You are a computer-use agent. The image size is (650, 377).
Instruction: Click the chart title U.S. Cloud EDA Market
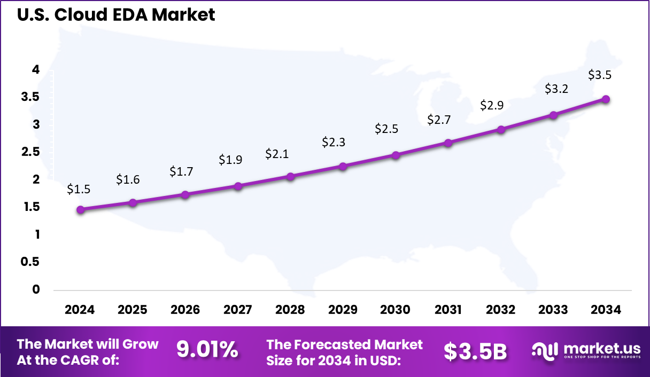click(x=116, y=14)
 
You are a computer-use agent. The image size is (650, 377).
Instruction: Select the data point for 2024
click(x=80, y=210)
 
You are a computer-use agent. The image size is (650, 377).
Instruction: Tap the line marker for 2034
click(x=606, y=99)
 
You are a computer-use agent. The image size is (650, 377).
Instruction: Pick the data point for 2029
click(x=343, y=166)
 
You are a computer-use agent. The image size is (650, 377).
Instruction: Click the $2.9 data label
click(x=491, y=105)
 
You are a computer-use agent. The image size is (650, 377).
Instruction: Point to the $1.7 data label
click(x=181, y=171)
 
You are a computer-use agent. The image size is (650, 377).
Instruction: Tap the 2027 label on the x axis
click(x=238, y=310)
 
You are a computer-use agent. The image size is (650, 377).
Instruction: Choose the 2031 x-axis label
click(x=448, y=310)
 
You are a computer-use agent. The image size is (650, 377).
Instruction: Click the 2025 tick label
click(x=133, y=310)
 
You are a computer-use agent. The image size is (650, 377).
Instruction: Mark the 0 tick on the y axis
click(x=36, y=289)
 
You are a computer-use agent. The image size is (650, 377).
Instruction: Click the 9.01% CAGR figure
click(x=207, y=350)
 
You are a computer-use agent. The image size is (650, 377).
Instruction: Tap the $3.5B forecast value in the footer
click(x=475, y=351)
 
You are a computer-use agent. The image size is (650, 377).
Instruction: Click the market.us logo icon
click(x=544, y=350)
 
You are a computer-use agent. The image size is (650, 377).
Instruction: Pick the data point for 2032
click(x=501, y=130)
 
